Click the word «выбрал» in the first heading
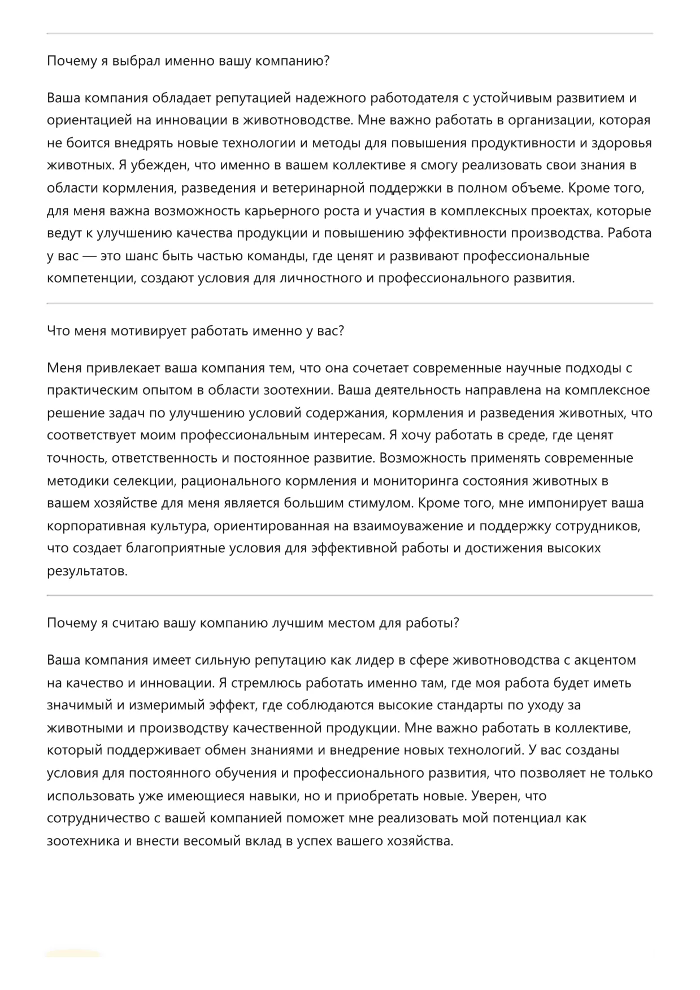tap(137, 61)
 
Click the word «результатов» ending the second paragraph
tap(86, 571)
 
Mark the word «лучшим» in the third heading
tap(293, 623)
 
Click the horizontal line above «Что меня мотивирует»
tap(350, 303)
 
